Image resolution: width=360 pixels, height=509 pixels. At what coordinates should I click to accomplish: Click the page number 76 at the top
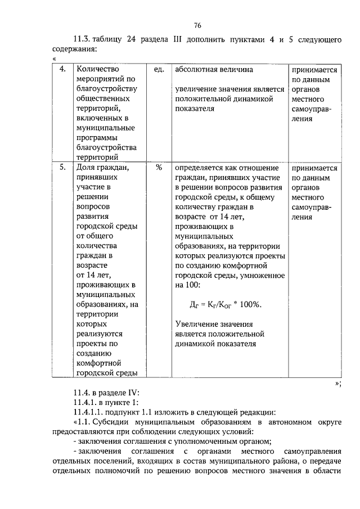[197, 25]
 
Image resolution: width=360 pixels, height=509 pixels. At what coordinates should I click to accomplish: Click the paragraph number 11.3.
[82, 39]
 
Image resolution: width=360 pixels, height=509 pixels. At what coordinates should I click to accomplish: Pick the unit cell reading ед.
[159, 69]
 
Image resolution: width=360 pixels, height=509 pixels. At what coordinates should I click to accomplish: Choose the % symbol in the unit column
[159, 168]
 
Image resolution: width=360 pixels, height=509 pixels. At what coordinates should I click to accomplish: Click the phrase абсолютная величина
[214, 69]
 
